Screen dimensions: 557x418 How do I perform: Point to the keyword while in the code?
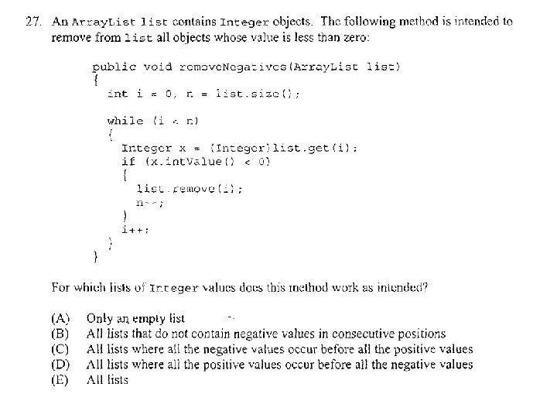pos(125,120)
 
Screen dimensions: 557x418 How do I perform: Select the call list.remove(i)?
pos(189,188)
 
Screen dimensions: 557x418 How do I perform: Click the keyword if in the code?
pos(128,162)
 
